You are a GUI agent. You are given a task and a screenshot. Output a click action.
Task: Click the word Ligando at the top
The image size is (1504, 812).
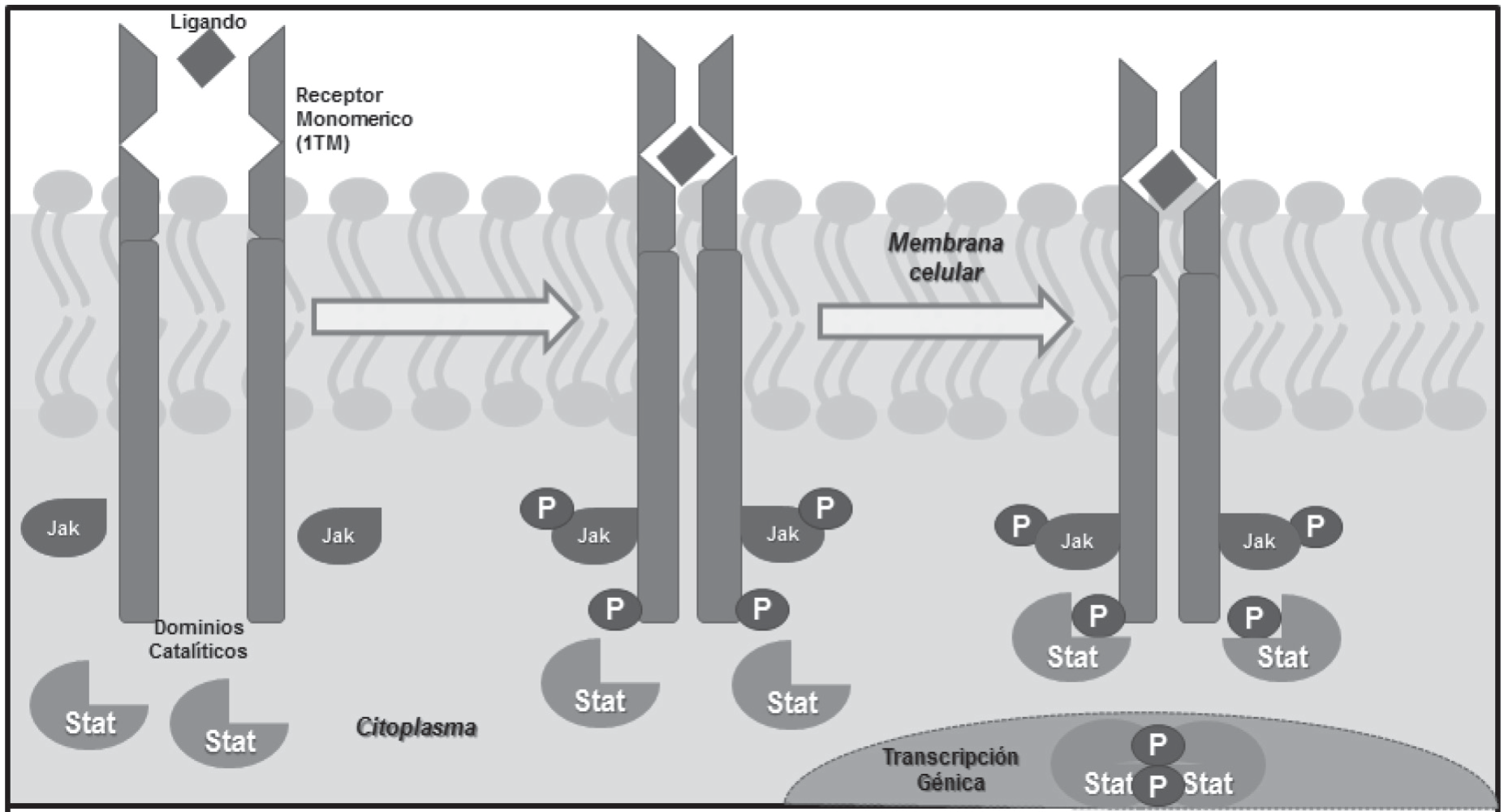point(208,21)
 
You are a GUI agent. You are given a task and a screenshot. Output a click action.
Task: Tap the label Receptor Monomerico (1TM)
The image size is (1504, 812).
point(353,118)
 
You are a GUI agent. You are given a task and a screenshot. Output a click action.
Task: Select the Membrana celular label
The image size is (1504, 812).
point(946,257)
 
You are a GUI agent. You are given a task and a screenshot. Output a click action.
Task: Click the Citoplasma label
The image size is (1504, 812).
point(416,727)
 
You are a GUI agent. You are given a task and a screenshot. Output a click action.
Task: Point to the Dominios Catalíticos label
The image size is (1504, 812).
point(198,639)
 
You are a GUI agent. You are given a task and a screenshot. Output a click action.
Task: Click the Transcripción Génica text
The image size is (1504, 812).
point(950,769)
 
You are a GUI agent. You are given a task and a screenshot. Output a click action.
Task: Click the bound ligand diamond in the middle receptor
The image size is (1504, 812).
point(686,157)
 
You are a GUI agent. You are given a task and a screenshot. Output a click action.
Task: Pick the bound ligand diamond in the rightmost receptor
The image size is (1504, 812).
point(1168,179)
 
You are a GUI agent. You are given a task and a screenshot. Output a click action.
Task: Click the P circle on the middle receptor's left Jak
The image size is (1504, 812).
point(546,509)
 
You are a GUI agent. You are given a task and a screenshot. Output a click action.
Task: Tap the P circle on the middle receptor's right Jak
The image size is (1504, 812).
point(825,509)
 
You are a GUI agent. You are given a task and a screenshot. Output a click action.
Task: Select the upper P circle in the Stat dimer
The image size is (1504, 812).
point(1157,744)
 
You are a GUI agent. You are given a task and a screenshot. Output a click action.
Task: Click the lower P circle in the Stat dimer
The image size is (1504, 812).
point(1157,784)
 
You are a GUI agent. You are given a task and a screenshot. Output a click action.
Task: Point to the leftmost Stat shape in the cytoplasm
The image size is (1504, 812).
point(88,706)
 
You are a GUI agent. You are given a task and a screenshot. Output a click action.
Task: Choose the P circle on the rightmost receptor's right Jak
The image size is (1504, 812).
point(1315,526)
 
